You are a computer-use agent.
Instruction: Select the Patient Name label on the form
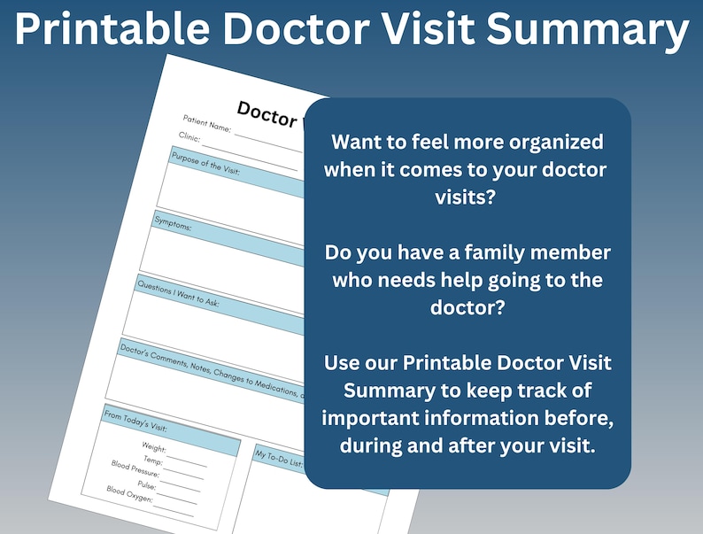(x=206, y=123)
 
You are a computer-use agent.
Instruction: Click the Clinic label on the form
(x=189, y=138)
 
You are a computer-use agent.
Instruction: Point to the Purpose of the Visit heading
(x=206, y=164)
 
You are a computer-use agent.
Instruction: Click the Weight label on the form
(x=154, y=448)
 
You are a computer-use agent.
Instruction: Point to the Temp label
(x=152, y=461)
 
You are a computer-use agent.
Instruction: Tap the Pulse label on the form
(x=146, y=485)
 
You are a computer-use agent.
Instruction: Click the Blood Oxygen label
(x=129, y=494)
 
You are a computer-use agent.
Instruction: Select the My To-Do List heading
(x=278, y=459)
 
